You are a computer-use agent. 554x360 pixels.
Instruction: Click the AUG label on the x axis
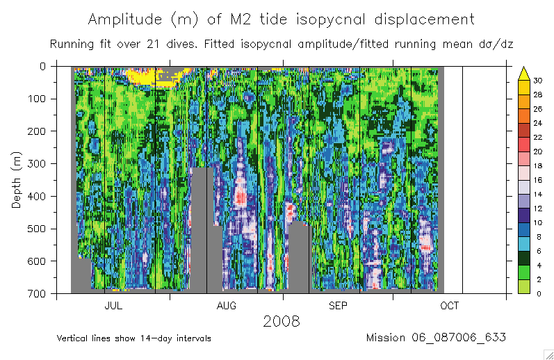point(227,306)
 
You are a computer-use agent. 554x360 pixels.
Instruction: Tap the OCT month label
point(449,306)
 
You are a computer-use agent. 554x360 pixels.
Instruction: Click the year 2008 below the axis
point(281,321)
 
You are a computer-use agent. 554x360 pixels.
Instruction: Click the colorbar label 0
point(537,294)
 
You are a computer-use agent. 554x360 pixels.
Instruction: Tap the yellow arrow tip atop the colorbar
point(525,70)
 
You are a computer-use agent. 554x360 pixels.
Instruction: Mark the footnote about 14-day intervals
point(133,338)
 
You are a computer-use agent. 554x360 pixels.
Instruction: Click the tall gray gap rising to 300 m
point(202,229)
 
